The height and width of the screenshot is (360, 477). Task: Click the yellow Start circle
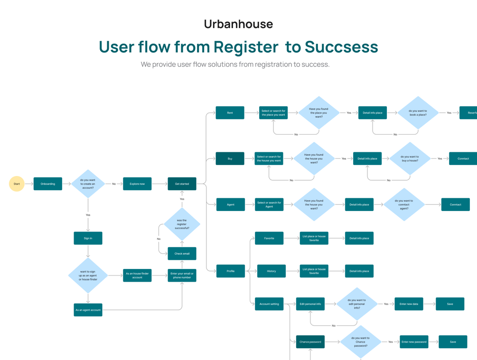click(x=17, y=184)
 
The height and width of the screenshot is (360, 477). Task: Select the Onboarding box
click(x=48, y=184)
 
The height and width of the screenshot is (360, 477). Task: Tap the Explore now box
click(x=137, y=184)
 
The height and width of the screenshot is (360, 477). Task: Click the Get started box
click(x=182, y=184)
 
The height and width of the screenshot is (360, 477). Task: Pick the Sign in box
click(x=88, y=238)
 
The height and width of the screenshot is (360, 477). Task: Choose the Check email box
click(x=182, y=253)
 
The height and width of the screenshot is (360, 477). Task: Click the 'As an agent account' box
click(x=88, y=310)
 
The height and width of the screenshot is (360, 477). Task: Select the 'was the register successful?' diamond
click(x=182, y=224)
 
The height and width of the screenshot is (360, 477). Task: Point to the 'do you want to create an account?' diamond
click(x=88, y=184)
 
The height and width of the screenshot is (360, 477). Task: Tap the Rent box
click(x=230, y=113)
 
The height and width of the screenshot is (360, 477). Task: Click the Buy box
click(x=230, y=158)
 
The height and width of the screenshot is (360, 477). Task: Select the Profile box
click(x=230, y=271)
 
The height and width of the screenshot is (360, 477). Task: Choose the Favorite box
click(x=269, y=238)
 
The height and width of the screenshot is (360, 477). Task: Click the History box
click(x=271, y=271)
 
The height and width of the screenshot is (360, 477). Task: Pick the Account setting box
click(x=269, y=304)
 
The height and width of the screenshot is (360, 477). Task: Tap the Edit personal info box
click(x=310, y=304)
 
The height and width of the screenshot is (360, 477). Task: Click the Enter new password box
click(x=414, y=342)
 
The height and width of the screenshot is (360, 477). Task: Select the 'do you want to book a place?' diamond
click(x=418, y=113)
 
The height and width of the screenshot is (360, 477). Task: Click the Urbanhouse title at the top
click(x=238, y=24)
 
